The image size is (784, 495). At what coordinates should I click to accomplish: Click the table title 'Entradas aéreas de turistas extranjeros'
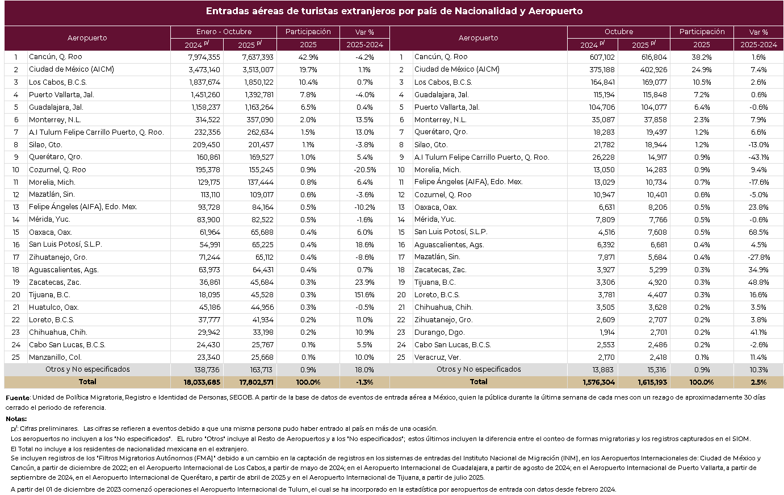click(x=393, y=11)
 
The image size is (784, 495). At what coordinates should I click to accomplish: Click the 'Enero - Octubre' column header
click(x=224, y=32)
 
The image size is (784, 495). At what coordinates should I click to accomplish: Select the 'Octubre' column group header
click(x=618, y=32)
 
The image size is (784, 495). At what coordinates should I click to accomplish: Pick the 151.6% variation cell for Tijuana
click(x=364, y=295)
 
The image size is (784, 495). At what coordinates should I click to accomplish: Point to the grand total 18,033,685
click(x=202, y=382)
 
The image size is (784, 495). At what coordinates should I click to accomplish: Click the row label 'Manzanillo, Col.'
click(x=55, y=357)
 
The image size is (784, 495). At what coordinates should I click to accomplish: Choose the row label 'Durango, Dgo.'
click(x=439, y=332)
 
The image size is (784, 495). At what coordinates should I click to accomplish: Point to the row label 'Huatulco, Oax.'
click(x=53, y=307)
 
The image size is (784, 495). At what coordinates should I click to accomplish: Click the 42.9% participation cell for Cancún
click(x=308, y=57)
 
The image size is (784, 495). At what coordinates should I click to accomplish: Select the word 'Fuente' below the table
click(x=17, y=398)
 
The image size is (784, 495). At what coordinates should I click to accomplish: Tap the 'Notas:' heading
click(x=16, y=419)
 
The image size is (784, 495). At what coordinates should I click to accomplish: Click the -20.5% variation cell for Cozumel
click(x=364, y=170)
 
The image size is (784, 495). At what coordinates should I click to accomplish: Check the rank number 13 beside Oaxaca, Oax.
click(x=401, y=207)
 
